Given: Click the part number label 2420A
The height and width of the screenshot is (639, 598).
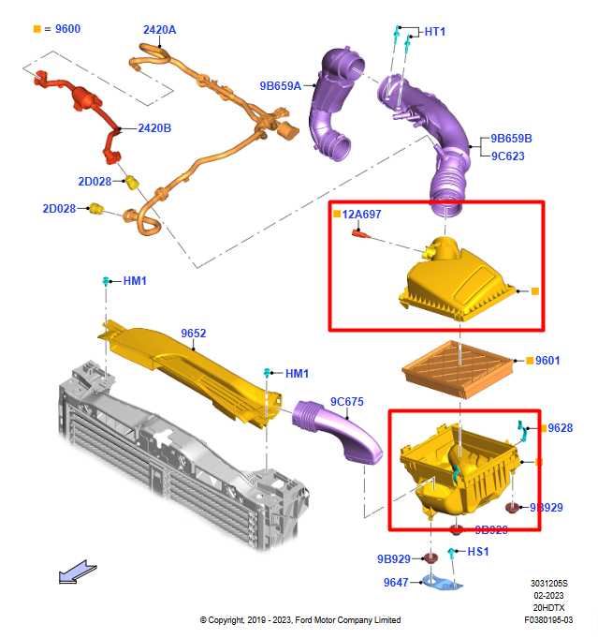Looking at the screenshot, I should click(x=159, y=30).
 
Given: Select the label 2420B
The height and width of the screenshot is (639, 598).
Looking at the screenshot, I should click(x=154, y=127).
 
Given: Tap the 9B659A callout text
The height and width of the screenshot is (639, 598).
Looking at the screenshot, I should click(x=281, y=86).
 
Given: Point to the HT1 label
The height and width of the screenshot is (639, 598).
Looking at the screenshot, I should click(x=435, y=32).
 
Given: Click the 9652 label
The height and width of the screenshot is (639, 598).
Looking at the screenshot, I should click(x=194, y=333).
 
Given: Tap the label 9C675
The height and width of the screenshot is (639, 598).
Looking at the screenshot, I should click(x=346, y=402).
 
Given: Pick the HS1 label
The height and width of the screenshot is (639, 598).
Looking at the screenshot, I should click(x=477, y=552).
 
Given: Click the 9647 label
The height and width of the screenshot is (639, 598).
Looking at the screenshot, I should click(x=397, y=582).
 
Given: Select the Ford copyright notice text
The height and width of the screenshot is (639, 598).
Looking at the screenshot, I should click(x=299, y=620).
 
